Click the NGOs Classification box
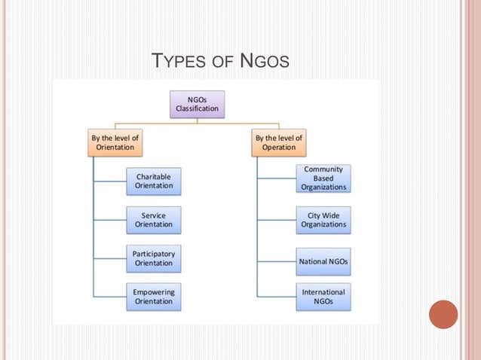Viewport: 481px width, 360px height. pyautogui.click(x=198, y=103)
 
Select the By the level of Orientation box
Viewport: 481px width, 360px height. pyautogui.click(x=115, y=142)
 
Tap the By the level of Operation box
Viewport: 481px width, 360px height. pyautogui.click(x=279, y=142)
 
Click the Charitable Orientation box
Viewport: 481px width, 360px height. pyautogui.click(x=154, y=181)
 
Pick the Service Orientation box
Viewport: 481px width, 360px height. pyautogui.click(x=154, y=219)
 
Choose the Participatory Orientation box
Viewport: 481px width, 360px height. pyautogui.click(x=154, y=258)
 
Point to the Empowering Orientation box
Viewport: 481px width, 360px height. pyautogui.click(x=154, y=297)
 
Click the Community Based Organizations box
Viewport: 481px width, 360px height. pyautogui.click(x=323, y=178)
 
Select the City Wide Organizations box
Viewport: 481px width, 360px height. pyautogui.click(x=323, y=219)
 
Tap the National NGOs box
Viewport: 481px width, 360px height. pyautogui.click(x=323, y=261)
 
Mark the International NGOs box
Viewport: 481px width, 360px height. pyautogui.click(x=323, y=297)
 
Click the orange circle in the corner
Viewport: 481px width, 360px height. pyautogui.click(x=443, y=314)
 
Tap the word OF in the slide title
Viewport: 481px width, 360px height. pyautogui.click(x=222, y=61)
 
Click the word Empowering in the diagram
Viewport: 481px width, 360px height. pyautogui.click(x=154, y=291)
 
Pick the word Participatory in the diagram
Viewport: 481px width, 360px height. pyautogui.click(x=154, y=253)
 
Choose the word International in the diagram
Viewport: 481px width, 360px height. pyautogui.click(x=323, y=291)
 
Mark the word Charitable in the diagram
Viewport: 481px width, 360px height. pyautogui.click(x=154, y=176)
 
